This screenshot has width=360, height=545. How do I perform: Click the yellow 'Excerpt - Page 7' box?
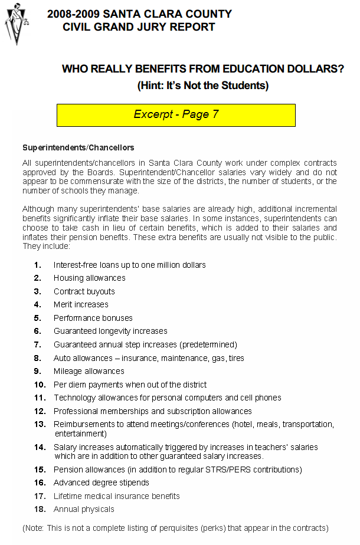pos(176,115)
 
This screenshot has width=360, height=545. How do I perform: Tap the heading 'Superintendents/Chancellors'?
pos(78,147)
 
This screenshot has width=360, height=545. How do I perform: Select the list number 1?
pos(38,265)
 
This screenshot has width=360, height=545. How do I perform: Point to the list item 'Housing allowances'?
pos(89,278)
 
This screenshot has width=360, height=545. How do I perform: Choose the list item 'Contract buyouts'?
pos(84,291)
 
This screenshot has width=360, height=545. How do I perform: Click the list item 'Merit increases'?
pos(81,304)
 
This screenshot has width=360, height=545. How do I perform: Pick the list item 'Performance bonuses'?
pos(93,318)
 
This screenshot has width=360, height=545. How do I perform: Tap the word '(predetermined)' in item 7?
pos(208,344)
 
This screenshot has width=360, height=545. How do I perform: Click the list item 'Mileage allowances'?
pos(89,371)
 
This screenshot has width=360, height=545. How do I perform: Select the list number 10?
pos(39,385)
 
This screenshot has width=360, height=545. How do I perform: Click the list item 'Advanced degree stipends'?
pos(101,482)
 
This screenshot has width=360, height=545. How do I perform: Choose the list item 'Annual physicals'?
pos(84,509)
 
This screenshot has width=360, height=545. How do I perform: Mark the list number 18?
pos(39,509)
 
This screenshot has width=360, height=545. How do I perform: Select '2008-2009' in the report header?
pos(70,14)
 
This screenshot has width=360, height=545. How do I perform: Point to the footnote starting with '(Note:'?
pos(175,528)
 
